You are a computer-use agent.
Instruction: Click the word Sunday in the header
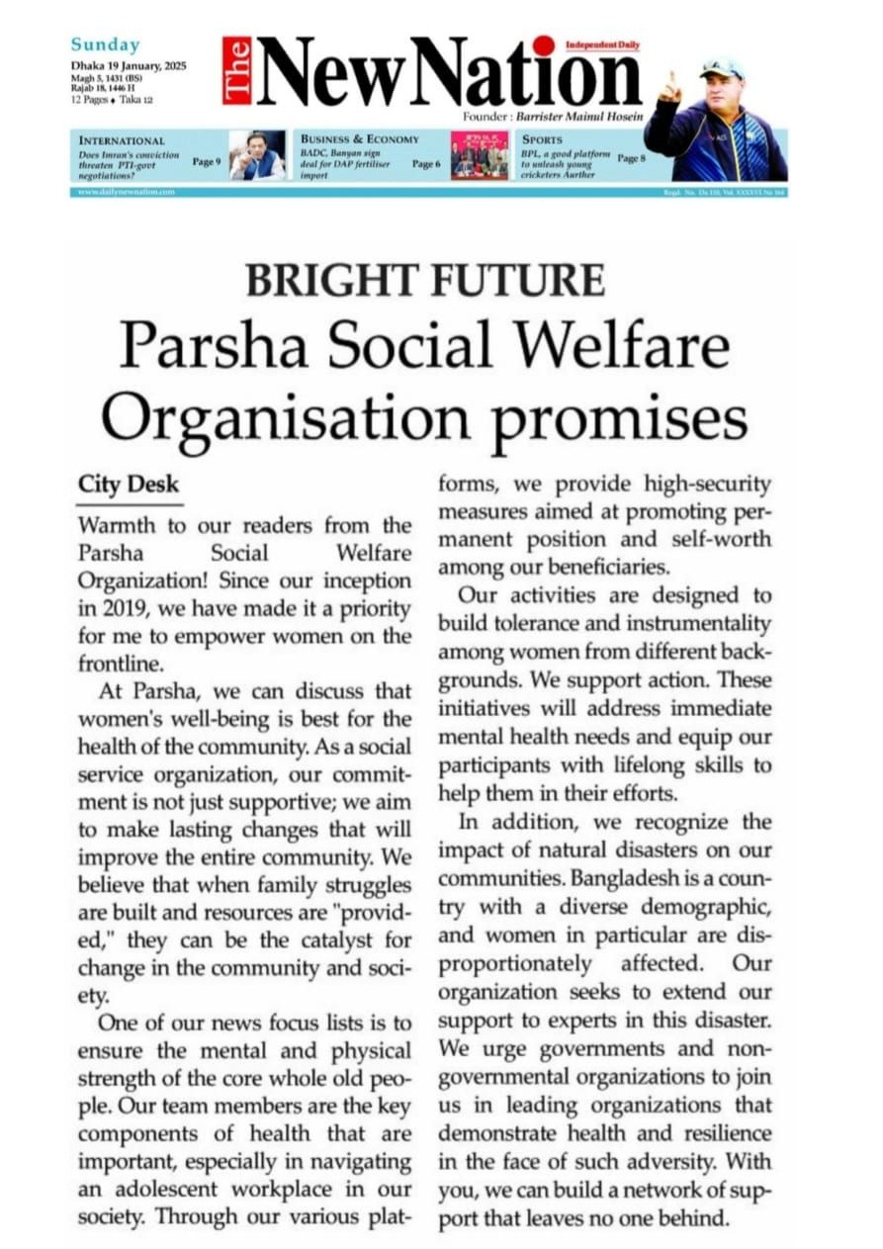pos(105,45)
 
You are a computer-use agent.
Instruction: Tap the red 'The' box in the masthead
pos(236,70)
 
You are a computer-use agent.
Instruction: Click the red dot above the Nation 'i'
pos(543,45)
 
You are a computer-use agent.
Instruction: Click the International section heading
pos(122,141)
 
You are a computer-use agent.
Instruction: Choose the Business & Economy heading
pos(360,139)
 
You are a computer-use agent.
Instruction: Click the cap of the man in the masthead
pos(721,67)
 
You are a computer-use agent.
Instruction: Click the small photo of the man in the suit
pos(258,155)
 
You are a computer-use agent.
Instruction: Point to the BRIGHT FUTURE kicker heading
pos(424,281)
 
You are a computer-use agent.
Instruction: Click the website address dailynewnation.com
pos(127,192)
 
